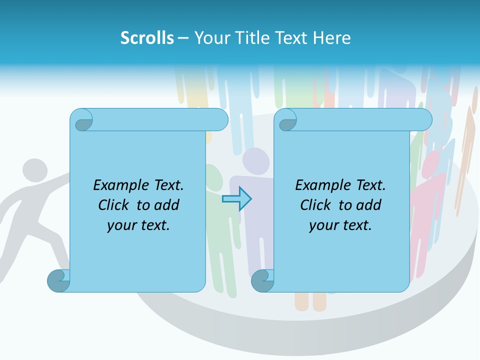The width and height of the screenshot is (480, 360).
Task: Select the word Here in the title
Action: pos(332,38)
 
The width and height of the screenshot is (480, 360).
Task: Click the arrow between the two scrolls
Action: pos(237,199)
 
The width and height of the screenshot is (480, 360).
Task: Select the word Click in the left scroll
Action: pos(114,205)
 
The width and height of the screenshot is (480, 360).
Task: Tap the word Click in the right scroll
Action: pos(316,205)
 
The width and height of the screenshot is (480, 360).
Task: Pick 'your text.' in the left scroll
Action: pos(138,225)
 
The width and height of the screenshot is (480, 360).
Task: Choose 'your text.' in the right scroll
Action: pos(340,225)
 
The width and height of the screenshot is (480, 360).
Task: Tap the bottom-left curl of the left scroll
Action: pos(58,281)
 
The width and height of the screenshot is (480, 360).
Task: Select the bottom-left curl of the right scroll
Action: pos(262,281)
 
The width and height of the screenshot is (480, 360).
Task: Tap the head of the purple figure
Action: pos(255,160)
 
